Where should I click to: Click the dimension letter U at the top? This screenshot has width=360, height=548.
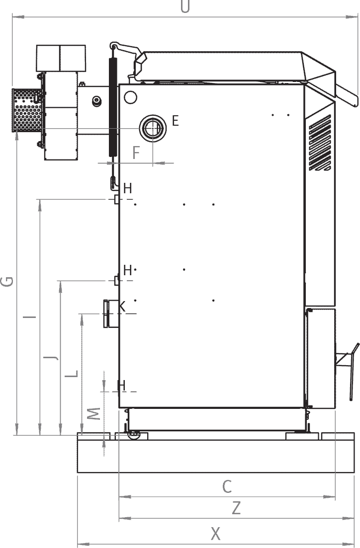tap(185, 7)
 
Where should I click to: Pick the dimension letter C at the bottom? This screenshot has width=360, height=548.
tap(227, 486)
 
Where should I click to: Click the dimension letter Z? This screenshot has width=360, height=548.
tap(236, 508)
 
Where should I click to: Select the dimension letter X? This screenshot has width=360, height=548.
tap(215, 534)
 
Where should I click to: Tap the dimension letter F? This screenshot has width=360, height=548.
tap(137, 153)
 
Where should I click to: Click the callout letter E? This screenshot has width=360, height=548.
tap(175, 120)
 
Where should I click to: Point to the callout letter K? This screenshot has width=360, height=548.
tap(122, 307)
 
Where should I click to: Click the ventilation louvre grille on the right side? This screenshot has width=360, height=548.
tap(320, 143)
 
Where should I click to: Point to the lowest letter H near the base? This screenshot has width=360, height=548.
tap(121, 385)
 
